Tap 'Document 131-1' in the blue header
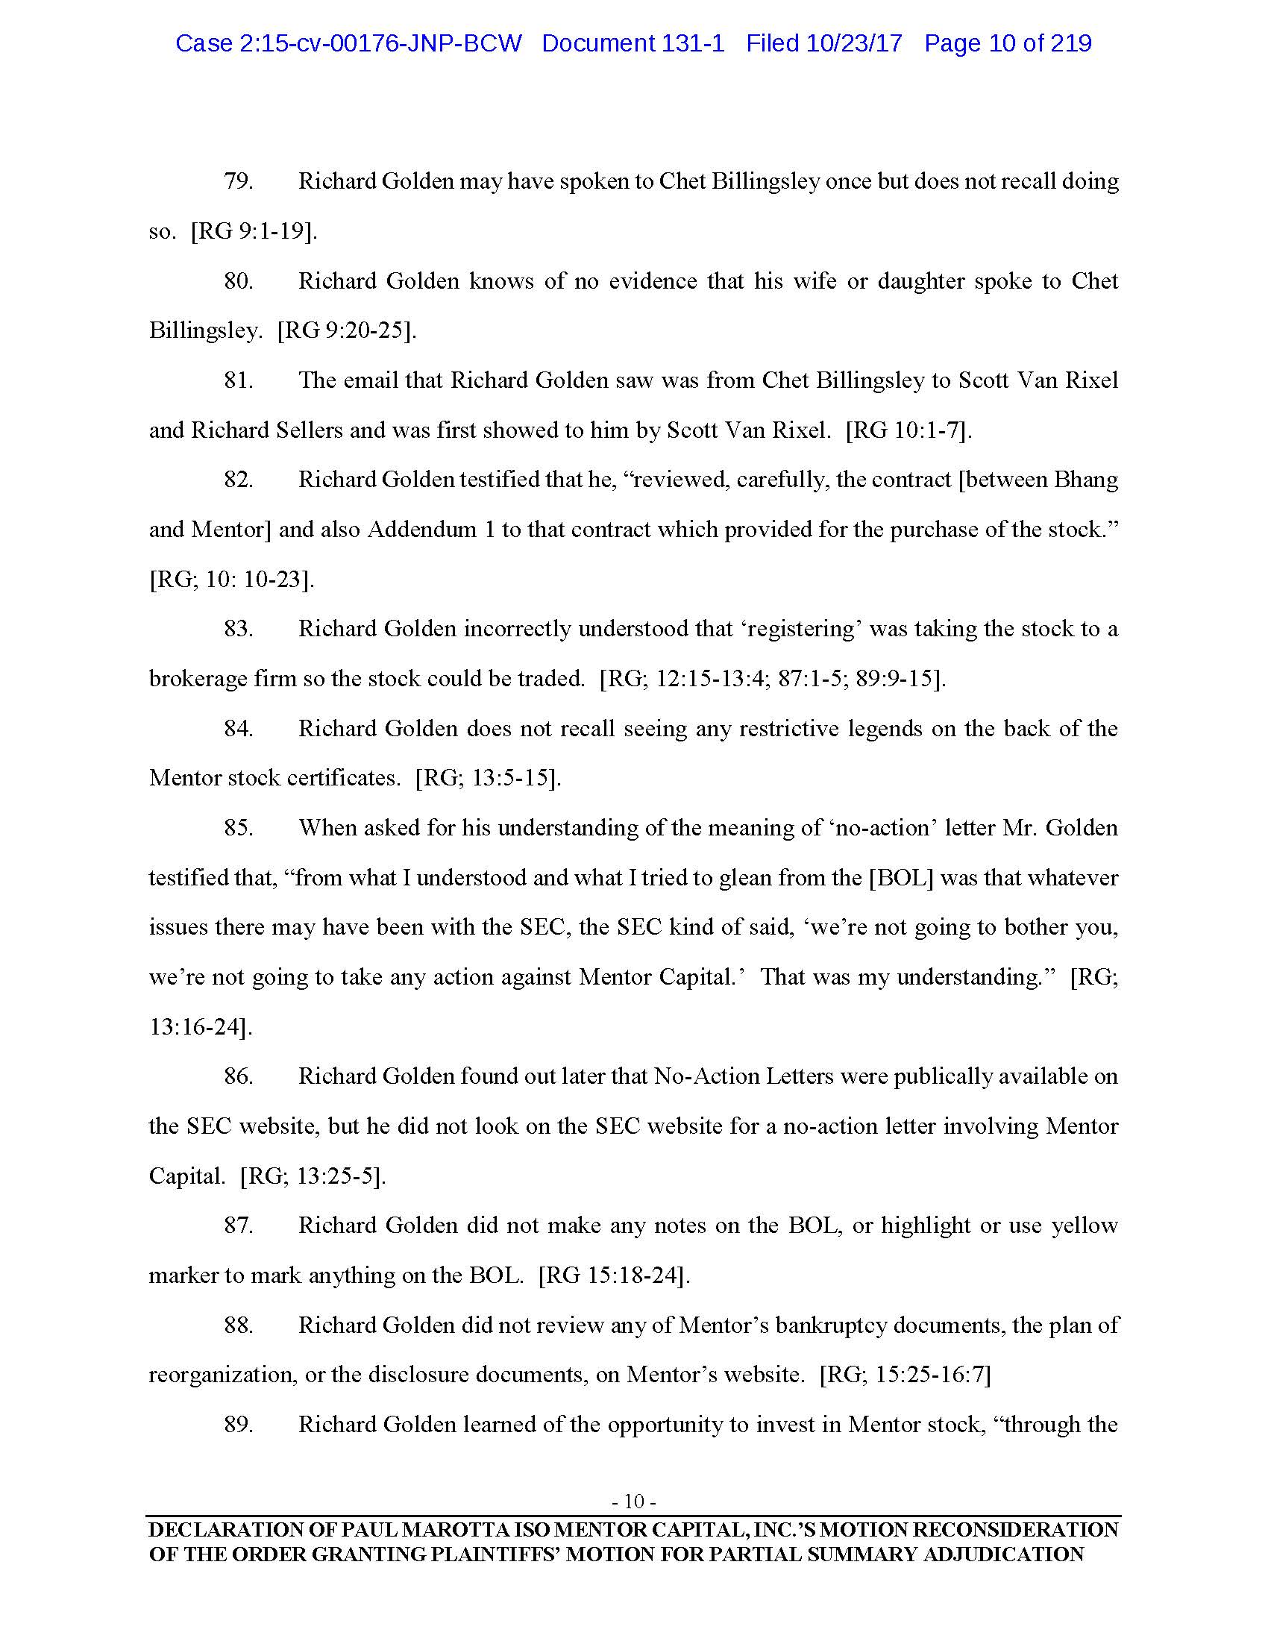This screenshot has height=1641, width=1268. tap(633, 43)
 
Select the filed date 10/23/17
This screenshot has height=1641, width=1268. tap(854, 43)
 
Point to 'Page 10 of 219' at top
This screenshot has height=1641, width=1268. tap(1008, 43)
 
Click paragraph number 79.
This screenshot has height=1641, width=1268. tap(238, 181)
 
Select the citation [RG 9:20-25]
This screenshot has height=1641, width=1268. tap(346, 330)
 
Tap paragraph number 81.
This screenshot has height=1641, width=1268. tap(238, 380)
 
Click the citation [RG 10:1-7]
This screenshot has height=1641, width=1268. tap(908, 430)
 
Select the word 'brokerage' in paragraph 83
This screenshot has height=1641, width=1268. tap(187, 679)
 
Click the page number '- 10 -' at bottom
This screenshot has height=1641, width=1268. tap(634, 1502)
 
